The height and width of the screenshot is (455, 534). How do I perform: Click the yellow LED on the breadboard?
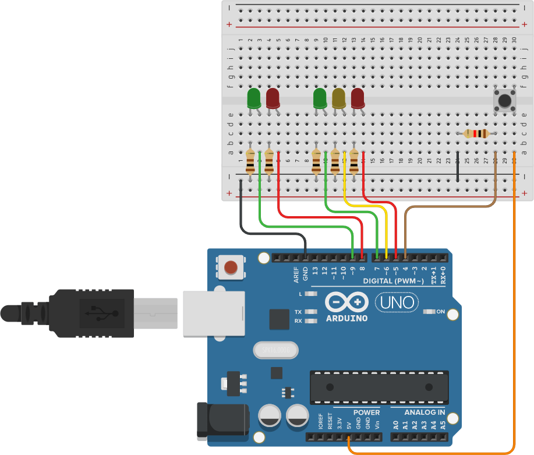point(338,98)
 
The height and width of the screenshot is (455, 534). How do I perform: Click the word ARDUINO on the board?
point(346,319)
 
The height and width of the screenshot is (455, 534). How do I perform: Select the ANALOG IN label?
point(425,412)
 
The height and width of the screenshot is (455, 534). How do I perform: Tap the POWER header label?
point(366,412)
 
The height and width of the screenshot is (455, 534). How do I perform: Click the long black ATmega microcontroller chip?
point(379,387)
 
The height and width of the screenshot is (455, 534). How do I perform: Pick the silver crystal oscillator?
point(275,350)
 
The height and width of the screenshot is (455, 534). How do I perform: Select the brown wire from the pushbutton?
point(448,206)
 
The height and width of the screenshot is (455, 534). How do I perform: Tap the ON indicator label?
point(440,312)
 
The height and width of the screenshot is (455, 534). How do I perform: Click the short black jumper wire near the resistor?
point(458,169)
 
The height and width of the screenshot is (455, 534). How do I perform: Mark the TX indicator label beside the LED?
point(298,312)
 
